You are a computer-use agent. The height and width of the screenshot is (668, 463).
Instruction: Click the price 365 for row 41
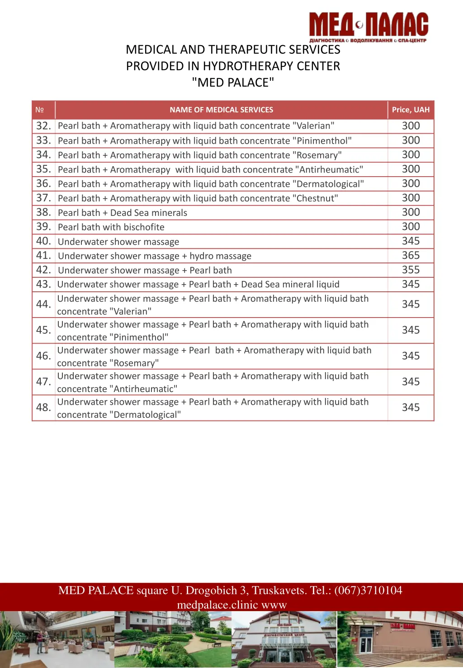(411, 256)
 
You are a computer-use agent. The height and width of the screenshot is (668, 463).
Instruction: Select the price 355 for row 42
(411, 270)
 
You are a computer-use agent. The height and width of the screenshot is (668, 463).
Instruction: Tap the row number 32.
(43, 126)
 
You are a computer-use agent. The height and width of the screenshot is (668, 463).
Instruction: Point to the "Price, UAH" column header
(411, 110)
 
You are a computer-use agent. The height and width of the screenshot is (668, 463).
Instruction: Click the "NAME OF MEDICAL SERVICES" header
(221, 110)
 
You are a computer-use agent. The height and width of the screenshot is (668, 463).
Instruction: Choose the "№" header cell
(40, 110)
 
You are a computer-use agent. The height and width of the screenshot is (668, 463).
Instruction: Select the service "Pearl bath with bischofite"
(111, 227)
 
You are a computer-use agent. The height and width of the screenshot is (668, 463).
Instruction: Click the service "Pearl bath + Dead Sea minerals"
(123, 213)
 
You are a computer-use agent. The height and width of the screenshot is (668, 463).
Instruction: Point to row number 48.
(43, 408)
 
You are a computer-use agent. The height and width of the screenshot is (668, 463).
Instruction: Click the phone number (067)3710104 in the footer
(368, 591)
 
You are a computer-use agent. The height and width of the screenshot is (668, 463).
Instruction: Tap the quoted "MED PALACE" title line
(233, 83)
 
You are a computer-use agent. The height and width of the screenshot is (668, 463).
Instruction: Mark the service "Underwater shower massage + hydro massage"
(155, 256)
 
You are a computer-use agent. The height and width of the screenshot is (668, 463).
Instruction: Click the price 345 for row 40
(411, 241)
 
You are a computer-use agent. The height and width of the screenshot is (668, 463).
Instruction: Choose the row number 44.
(43, 304)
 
